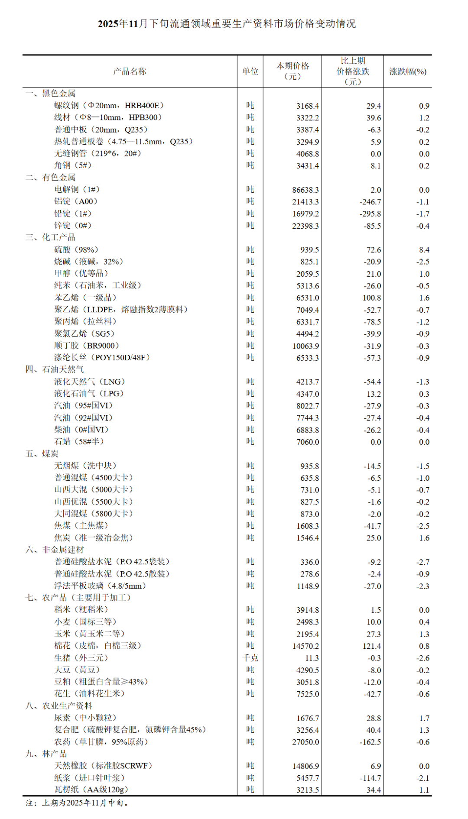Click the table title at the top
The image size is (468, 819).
coord(227,24)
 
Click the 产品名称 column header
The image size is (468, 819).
coord(130,71)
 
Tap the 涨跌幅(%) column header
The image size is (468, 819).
coord(407,71)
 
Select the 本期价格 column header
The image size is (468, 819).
coord(292,71)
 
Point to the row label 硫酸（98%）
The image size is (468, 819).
coord(76,249)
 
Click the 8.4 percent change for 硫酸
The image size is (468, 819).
coord(424,250)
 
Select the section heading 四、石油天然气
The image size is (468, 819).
coord(55,369)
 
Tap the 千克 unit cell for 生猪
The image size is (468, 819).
coord(250,658)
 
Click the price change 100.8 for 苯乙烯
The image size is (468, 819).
coord(371,298)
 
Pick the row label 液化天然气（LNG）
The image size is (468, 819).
coord(89,382)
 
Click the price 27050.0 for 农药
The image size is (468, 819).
coord(305,742)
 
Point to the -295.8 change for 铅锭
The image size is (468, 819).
coord(370,214)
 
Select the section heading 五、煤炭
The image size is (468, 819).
coord(42,453)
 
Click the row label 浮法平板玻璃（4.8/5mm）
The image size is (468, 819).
coord(100,586)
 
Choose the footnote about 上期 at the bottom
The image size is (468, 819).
coord(78,803)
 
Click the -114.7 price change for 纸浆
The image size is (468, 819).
coord(370,778)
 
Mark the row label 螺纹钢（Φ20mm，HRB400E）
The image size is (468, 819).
coord(109,105)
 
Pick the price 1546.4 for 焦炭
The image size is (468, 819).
coord(307,538)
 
